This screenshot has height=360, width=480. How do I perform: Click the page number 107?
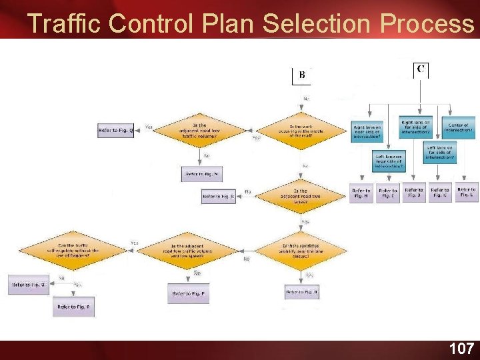coord(461,348)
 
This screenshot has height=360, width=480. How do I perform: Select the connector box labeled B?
coord(301,75)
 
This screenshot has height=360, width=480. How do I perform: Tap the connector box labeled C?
coord(421,69)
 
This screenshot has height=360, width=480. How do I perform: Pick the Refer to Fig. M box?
coord(201,175)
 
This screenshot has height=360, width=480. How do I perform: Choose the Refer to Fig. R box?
coord(219,197)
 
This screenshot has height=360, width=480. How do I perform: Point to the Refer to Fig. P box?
coord(73,307)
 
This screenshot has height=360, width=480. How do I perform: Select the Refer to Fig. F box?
coord(189,293)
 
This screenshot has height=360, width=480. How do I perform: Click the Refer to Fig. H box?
coord(361,193)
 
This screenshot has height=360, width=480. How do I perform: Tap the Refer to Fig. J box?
coord(413,193)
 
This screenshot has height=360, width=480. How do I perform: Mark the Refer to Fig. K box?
coord(439,193)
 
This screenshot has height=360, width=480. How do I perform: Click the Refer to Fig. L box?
coord(466,193)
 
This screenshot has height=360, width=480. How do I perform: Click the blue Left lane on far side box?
coord(439,153)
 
